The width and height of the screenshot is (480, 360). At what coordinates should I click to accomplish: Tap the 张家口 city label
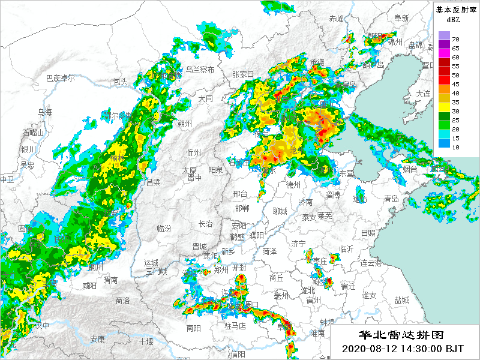[x=243, y=74]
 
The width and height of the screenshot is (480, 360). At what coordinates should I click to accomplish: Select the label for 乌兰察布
[x=199, y=70]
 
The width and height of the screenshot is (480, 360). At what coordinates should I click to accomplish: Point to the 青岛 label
[x=391, y=199]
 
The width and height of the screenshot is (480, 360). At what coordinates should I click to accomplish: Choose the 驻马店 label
[x=235, y=326]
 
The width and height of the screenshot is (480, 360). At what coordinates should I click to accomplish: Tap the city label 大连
[x=423, y=94]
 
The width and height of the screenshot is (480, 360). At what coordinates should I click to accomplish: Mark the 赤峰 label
[x=337, y=19]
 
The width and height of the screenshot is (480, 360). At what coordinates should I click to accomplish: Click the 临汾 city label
[x=164, y=229]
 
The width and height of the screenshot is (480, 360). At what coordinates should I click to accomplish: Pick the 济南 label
[x=305, y=202]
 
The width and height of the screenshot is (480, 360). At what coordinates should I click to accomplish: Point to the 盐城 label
[x=401, y=299]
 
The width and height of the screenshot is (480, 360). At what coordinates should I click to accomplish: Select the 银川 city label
[x=28, y=149]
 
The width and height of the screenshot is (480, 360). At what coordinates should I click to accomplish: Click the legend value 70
[x=455, y=39]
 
